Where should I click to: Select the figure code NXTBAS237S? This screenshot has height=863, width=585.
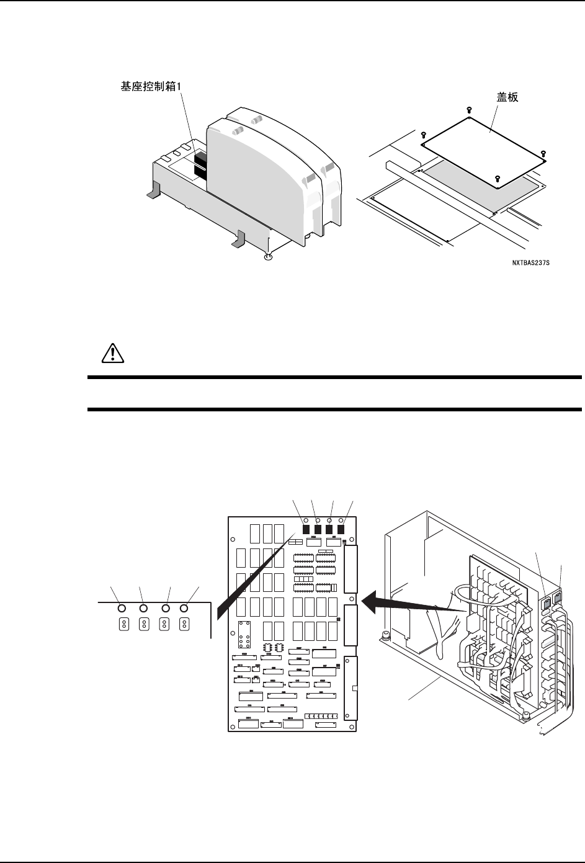pos(531,262)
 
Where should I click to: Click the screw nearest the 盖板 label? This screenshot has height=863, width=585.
pos(468,110)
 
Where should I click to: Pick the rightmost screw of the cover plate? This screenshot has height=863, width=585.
pos(543,153)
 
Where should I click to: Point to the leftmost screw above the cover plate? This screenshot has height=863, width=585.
pos(423,135)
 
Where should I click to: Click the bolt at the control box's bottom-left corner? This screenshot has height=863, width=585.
pos(385,635)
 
